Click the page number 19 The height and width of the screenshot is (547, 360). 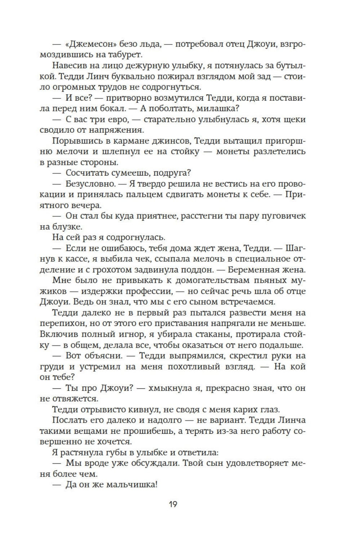173,504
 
